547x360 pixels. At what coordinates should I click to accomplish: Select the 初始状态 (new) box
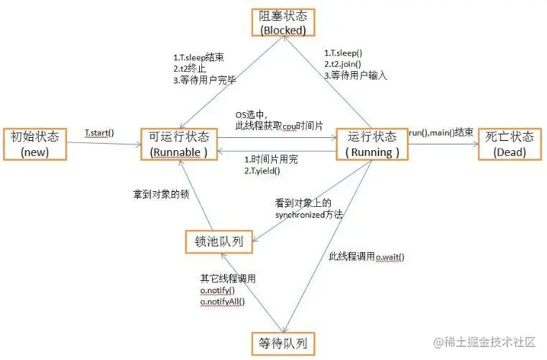tap(34, 143)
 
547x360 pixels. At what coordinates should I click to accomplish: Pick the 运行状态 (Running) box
tap(371, 143)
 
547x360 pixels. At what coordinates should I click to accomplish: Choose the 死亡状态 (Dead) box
tap(509, 143)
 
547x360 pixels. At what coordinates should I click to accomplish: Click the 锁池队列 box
tap(219, 241)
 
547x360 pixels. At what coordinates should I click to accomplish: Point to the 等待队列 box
tap(282, 343)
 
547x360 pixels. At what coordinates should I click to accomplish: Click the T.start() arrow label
tap(99, 133)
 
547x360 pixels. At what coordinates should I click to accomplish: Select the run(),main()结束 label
tap(441, 133)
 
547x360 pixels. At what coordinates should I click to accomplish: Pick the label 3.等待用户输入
tap(355, 74)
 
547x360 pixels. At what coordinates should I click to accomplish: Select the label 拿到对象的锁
tap(159, 193)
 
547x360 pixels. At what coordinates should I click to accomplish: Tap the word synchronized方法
tap(310, 214)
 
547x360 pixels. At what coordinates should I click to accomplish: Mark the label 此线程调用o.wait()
tap(366, 257)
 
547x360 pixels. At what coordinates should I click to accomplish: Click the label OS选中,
tap(252, 115)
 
